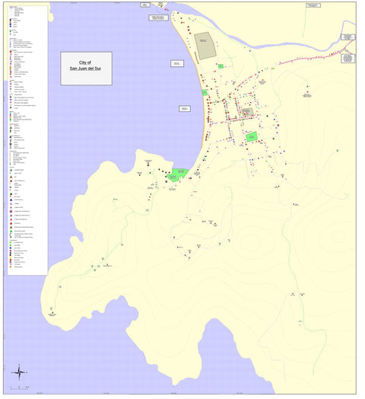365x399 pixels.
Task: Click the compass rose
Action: pos(19,372)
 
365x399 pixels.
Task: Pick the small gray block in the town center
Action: pos(247,112)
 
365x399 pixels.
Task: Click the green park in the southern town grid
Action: pos(252,137)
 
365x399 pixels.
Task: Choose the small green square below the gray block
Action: pos(220,66)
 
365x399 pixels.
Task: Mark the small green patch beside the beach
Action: pos(205,93)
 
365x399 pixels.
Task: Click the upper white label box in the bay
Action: pos(177,64)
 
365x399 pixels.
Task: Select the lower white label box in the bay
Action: pos(185,109)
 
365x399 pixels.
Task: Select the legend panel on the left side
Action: pos(26,137)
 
